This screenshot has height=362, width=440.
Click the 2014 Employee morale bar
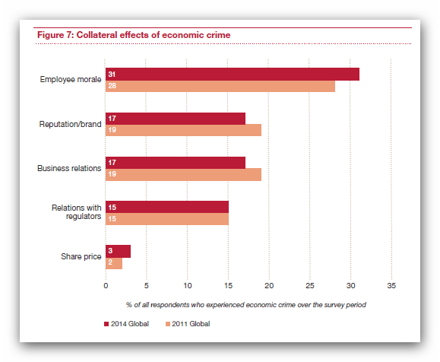click(233, 74)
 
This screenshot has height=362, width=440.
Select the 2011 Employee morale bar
click(220, 86)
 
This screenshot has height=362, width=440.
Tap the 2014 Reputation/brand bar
click(176, 119)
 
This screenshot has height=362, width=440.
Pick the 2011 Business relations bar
click(183, 174)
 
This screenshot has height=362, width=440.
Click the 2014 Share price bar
click(118, 251)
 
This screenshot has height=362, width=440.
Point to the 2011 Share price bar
click(114, 263)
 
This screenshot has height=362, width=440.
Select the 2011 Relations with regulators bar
click(167, 219)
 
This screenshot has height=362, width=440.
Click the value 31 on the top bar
click(112, 74)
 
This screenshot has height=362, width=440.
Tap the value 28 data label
click(112, 86)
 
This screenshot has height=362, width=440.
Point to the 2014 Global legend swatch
click(106, 324)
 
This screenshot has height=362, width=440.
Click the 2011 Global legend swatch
click(168, 324)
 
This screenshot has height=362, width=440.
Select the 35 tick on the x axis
click(391, 286)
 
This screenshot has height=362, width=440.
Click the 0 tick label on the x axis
click(106, 286)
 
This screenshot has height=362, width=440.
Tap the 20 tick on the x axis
click(269, 286)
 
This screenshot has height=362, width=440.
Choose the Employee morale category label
click(71, 80)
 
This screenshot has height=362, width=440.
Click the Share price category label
click(81, 256)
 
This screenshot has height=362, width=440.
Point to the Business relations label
click(69, 168)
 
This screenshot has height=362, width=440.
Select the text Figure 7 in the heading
click(55, 35)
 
